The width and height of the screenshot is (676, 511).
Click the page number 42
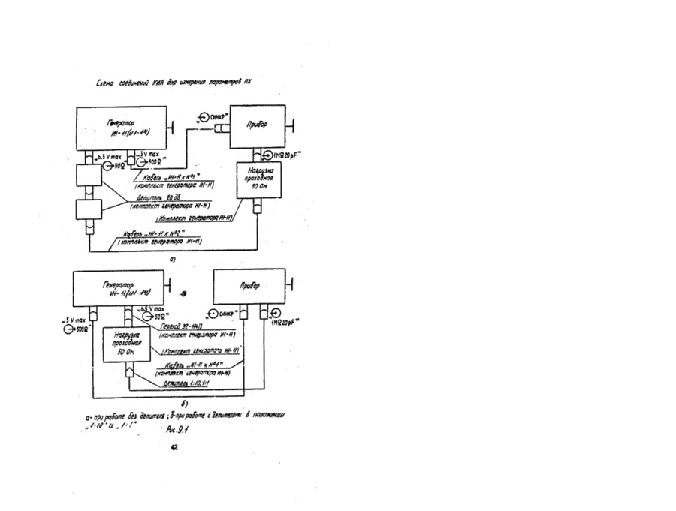coord(174,447)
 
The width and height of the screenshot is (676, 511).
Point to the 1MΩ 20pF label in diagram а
coord(290,155)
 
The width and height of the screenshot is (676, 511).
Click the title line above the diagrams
coord(173,83)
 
